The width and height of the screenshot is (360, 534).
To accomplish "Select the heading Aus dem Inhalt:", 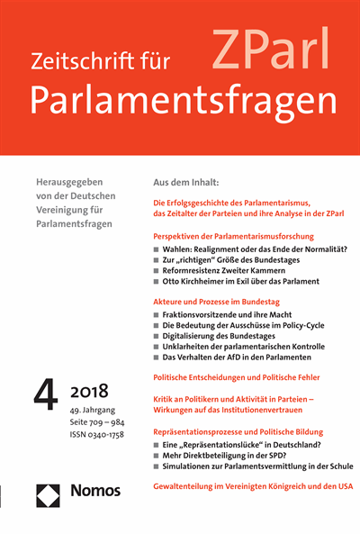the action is click(188, 182).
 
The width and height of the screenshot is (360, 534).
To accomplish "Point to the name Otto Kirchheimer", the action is click(202, 284).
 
